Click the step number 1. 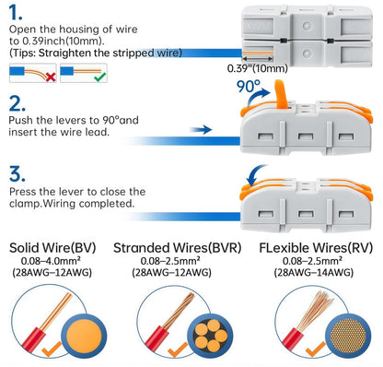click(16, 16)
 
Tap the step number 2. click(17, 103)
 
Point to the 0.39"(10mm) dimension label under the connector click(256, 68)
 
